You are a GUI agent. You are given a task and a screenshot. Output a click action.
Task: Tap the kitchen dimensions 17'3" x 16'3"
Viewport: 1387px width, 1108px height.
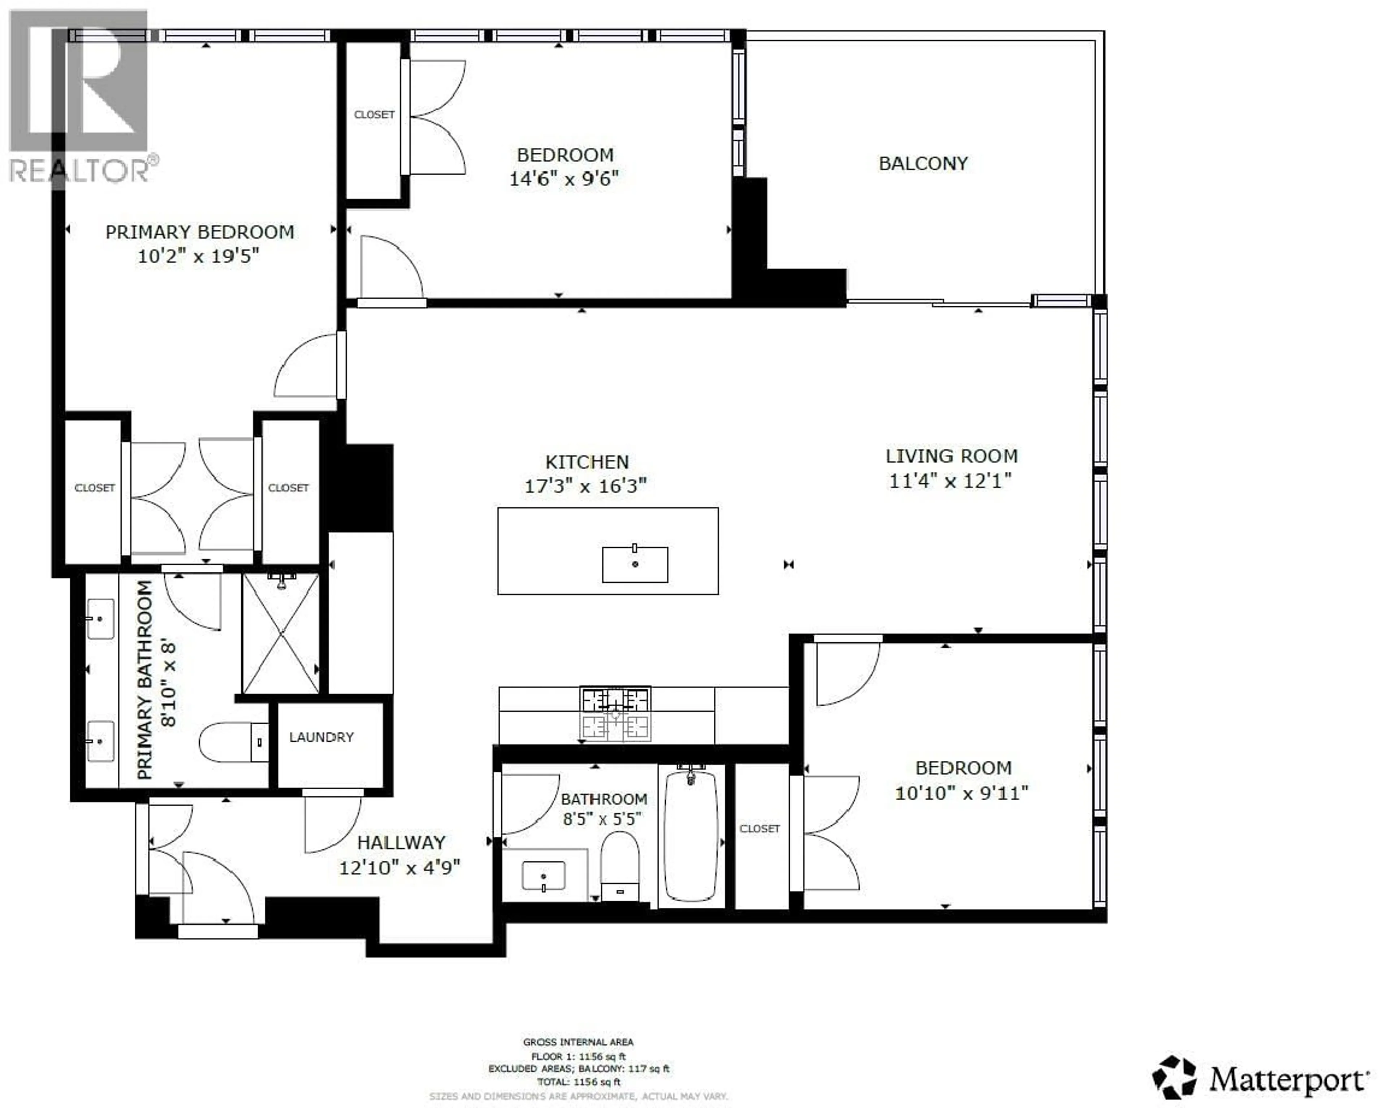[x=586, y=486]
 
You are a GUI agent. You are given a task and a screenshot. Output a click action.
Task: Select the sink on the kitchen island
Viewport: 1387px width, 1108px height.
[x=635, y=564]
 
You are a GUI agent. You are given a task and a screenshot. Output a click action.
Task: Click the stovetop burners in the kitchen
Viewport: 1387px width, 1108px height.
[x=615, y=713]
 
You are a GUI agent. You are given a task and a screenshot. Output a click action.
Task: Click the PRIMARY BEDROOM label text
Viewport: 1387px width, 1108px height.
[x=199, y=232]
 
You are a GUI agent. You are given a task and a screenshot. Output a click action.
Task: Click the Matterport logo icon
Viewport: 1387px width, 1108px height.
[x=1174, y=1077]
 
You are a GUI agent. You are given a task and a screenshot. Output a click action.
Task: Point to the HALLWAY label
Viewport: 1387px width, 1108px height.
[x=401, y=842]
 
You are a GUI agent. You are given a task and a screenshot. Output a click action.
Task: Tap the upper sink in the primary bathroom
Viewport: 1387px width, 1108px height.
[x=100, y=619]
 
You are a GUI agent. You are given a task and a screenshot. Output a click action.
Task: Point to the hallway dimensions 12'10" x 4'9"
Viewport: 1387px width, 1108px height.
[x=399, y=868]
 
